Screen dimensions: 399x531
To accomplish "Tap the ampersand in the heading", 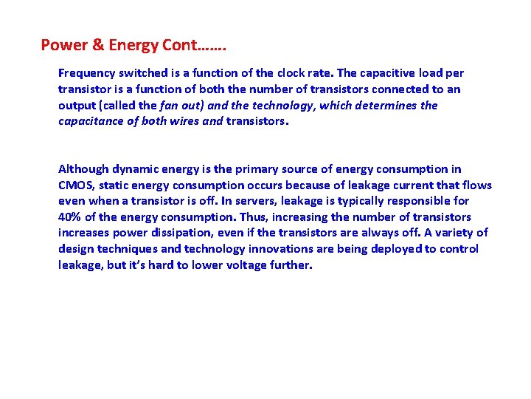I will point(97,45).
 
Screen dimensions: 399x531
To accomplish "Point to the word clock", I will point(293,73).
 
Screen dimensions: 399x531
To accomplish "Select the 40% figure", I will point(70,217).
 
